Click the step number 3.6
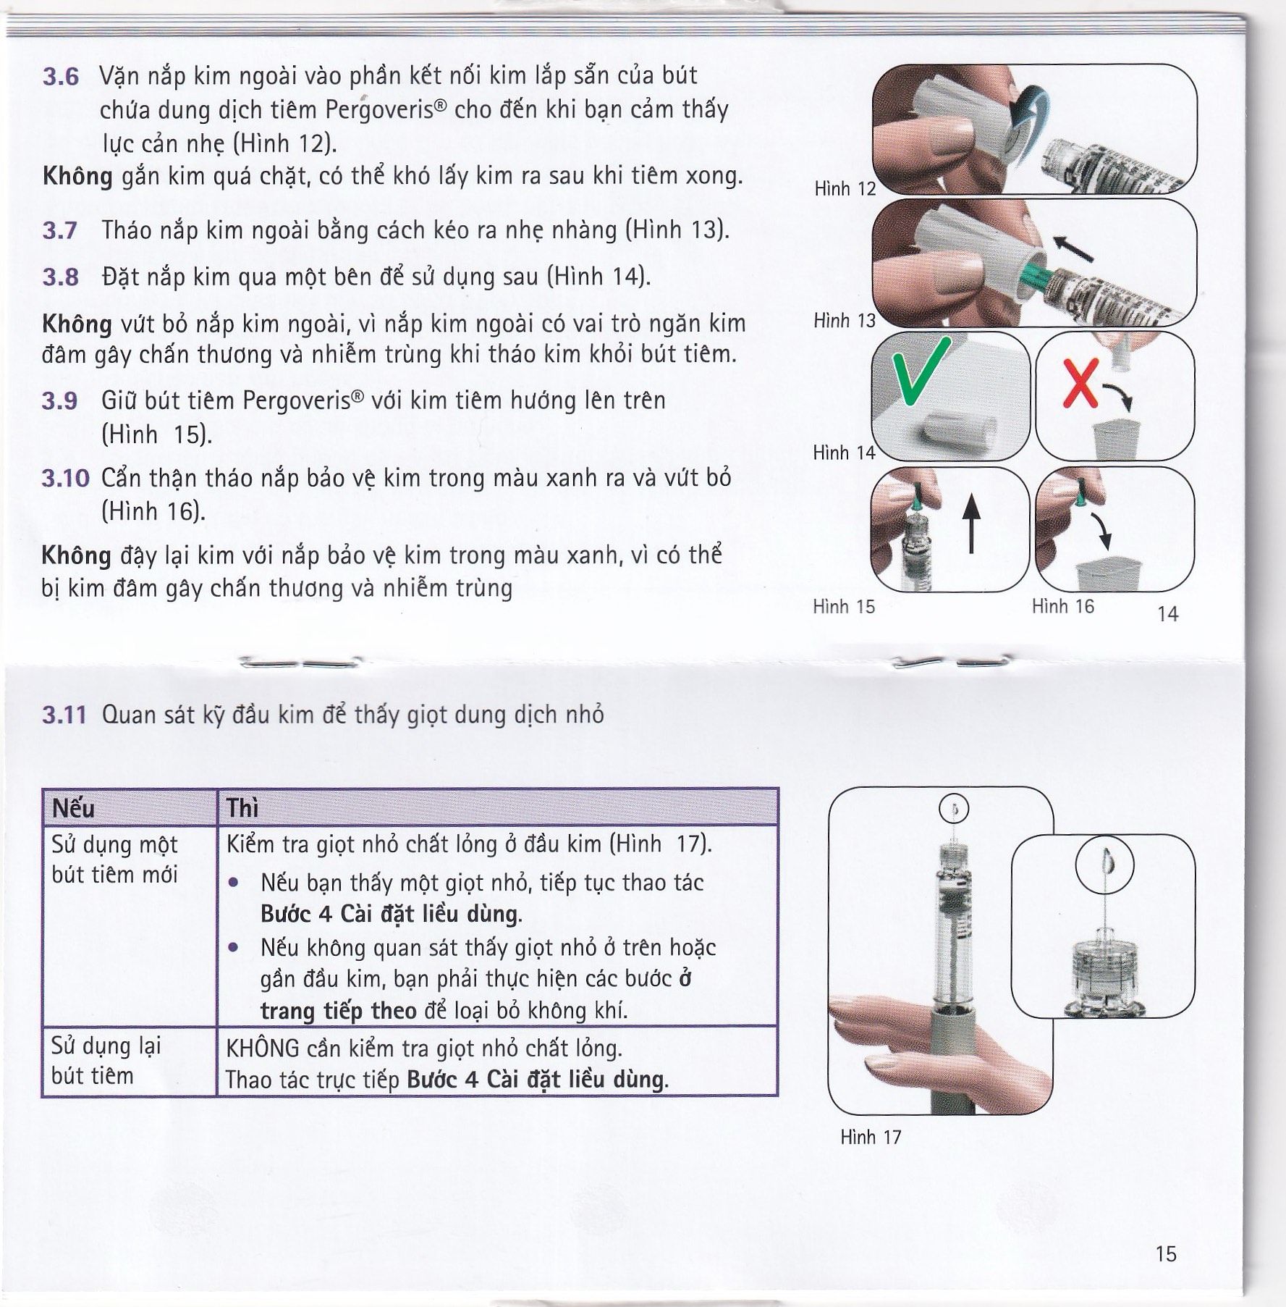click(61, 77)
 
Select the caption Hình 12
click(845, 189)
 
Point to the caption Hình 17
click(871, 1137)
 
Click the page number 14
click(1167, 614)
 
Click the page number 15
click(1166, 1253)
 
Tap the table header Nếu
click(73, 808)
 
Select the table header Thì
click(242, 808)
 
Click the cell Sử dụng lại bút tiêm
click(106, 1060)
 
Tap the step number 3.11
click(64, 715)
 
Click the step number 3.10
click(65, 479)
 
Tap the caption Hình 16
click(1062, 606)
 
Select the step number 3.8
click(61, 277)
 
